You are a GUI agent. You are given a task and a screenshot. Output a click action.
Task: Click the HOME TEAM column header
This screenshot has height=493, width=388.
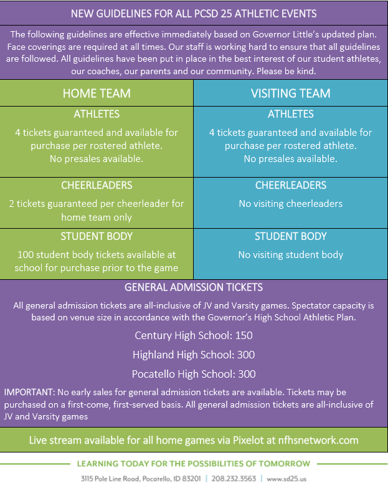coord(97,93)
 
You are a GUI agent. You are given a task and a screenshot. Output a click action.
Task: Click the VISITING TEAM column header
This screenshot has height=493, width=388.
coord(290,93)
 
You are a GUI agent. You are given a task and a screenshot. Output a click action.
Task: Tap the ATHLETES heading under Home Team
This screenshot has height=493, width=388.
coord(97,114)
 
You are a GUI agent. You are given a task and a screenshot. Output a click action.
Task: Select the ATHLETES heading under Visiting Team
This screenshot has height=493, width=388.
coord(290,114)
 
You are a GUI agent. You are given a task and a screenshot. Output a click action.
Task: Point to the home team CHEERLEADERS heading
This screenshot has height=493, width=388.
coord(97,186)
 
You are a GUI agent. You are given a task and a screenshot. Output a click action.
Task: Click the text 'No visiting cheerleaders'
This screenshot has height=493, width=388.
coord(290,204)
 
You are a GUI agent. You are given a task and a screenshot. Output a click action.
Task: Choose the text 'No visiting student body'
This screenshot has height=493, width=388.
coord(290,254)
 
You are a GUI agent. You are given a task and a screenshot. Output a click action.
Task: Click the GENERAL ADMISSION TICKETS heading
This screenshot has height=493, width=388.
coord(194,287)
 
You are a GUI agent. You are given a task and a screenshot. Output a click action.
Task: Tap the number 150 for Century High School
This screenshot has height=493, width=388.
coord(244,335)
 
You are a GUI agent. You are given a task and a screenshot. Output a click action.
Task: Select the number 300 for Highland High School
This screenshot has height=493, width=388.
coord(245,355)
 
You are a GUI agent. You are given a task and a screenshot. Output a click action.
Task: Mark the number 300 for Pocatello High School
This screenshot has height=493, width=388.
coord(246,374)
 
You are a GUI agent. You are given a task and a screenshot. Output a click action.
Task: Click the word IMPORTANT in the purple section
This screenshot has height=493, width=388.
coord(28,392)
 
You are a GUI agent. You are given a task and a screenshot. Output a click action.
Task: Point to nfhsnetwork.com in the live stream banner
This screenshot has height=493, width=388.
coord(315,440)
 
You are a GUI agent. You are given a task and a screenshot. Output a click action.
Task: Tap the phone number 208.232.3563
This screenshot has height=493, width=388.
coord(234,479)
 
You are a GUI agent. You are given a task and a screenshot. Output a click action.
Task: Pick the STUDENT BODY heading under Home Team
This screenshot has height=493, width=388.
coord(97,237)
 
